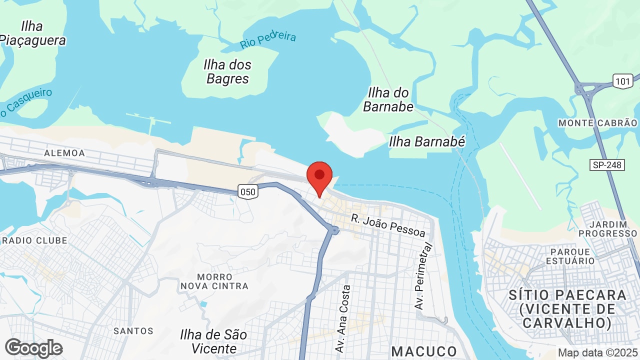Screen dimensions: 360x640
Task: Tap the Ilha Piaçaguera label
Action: click(32, 33)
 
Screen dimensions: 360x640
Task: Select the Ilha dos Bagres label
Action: click(227, 71)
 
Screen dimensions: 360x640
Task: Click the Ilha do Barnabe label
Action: click(388, 99)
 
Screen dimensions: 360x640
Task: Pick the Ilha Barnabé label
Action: click(427, 142)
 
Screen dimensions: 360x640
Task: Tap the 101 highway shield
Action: click(623, 81)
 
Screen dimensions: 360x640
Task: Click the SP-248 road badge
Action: click(607, 164)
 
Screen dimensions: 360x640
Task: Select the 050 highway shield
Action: click(247, 191)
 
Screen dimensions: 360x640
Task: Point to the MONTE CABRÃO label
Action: click(597, 123)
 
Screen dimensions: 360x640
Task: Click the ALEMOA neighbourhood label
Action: click(64, 153)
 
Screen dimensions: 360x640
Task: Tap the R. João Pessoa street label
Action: click(388, 225)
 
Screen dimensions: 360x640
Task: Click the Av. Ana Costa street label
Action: click(344, 318)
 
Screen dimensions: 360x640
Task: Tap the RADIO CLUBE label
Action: click(34, 240)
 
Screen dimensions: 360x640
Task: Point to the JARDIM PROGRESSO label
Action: click(607, 228)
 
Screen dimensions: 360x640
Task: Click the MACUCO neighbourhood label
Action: click(424, 351)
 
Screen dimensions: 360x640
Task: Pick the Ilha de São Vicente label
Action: click(213, 341)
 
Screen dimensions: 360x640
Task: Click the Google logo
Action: click(33, 348)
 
